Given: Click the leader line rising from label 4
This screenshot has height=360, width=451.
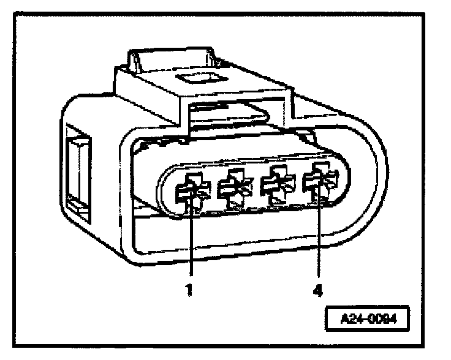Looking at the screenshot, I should coord(319,239).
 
